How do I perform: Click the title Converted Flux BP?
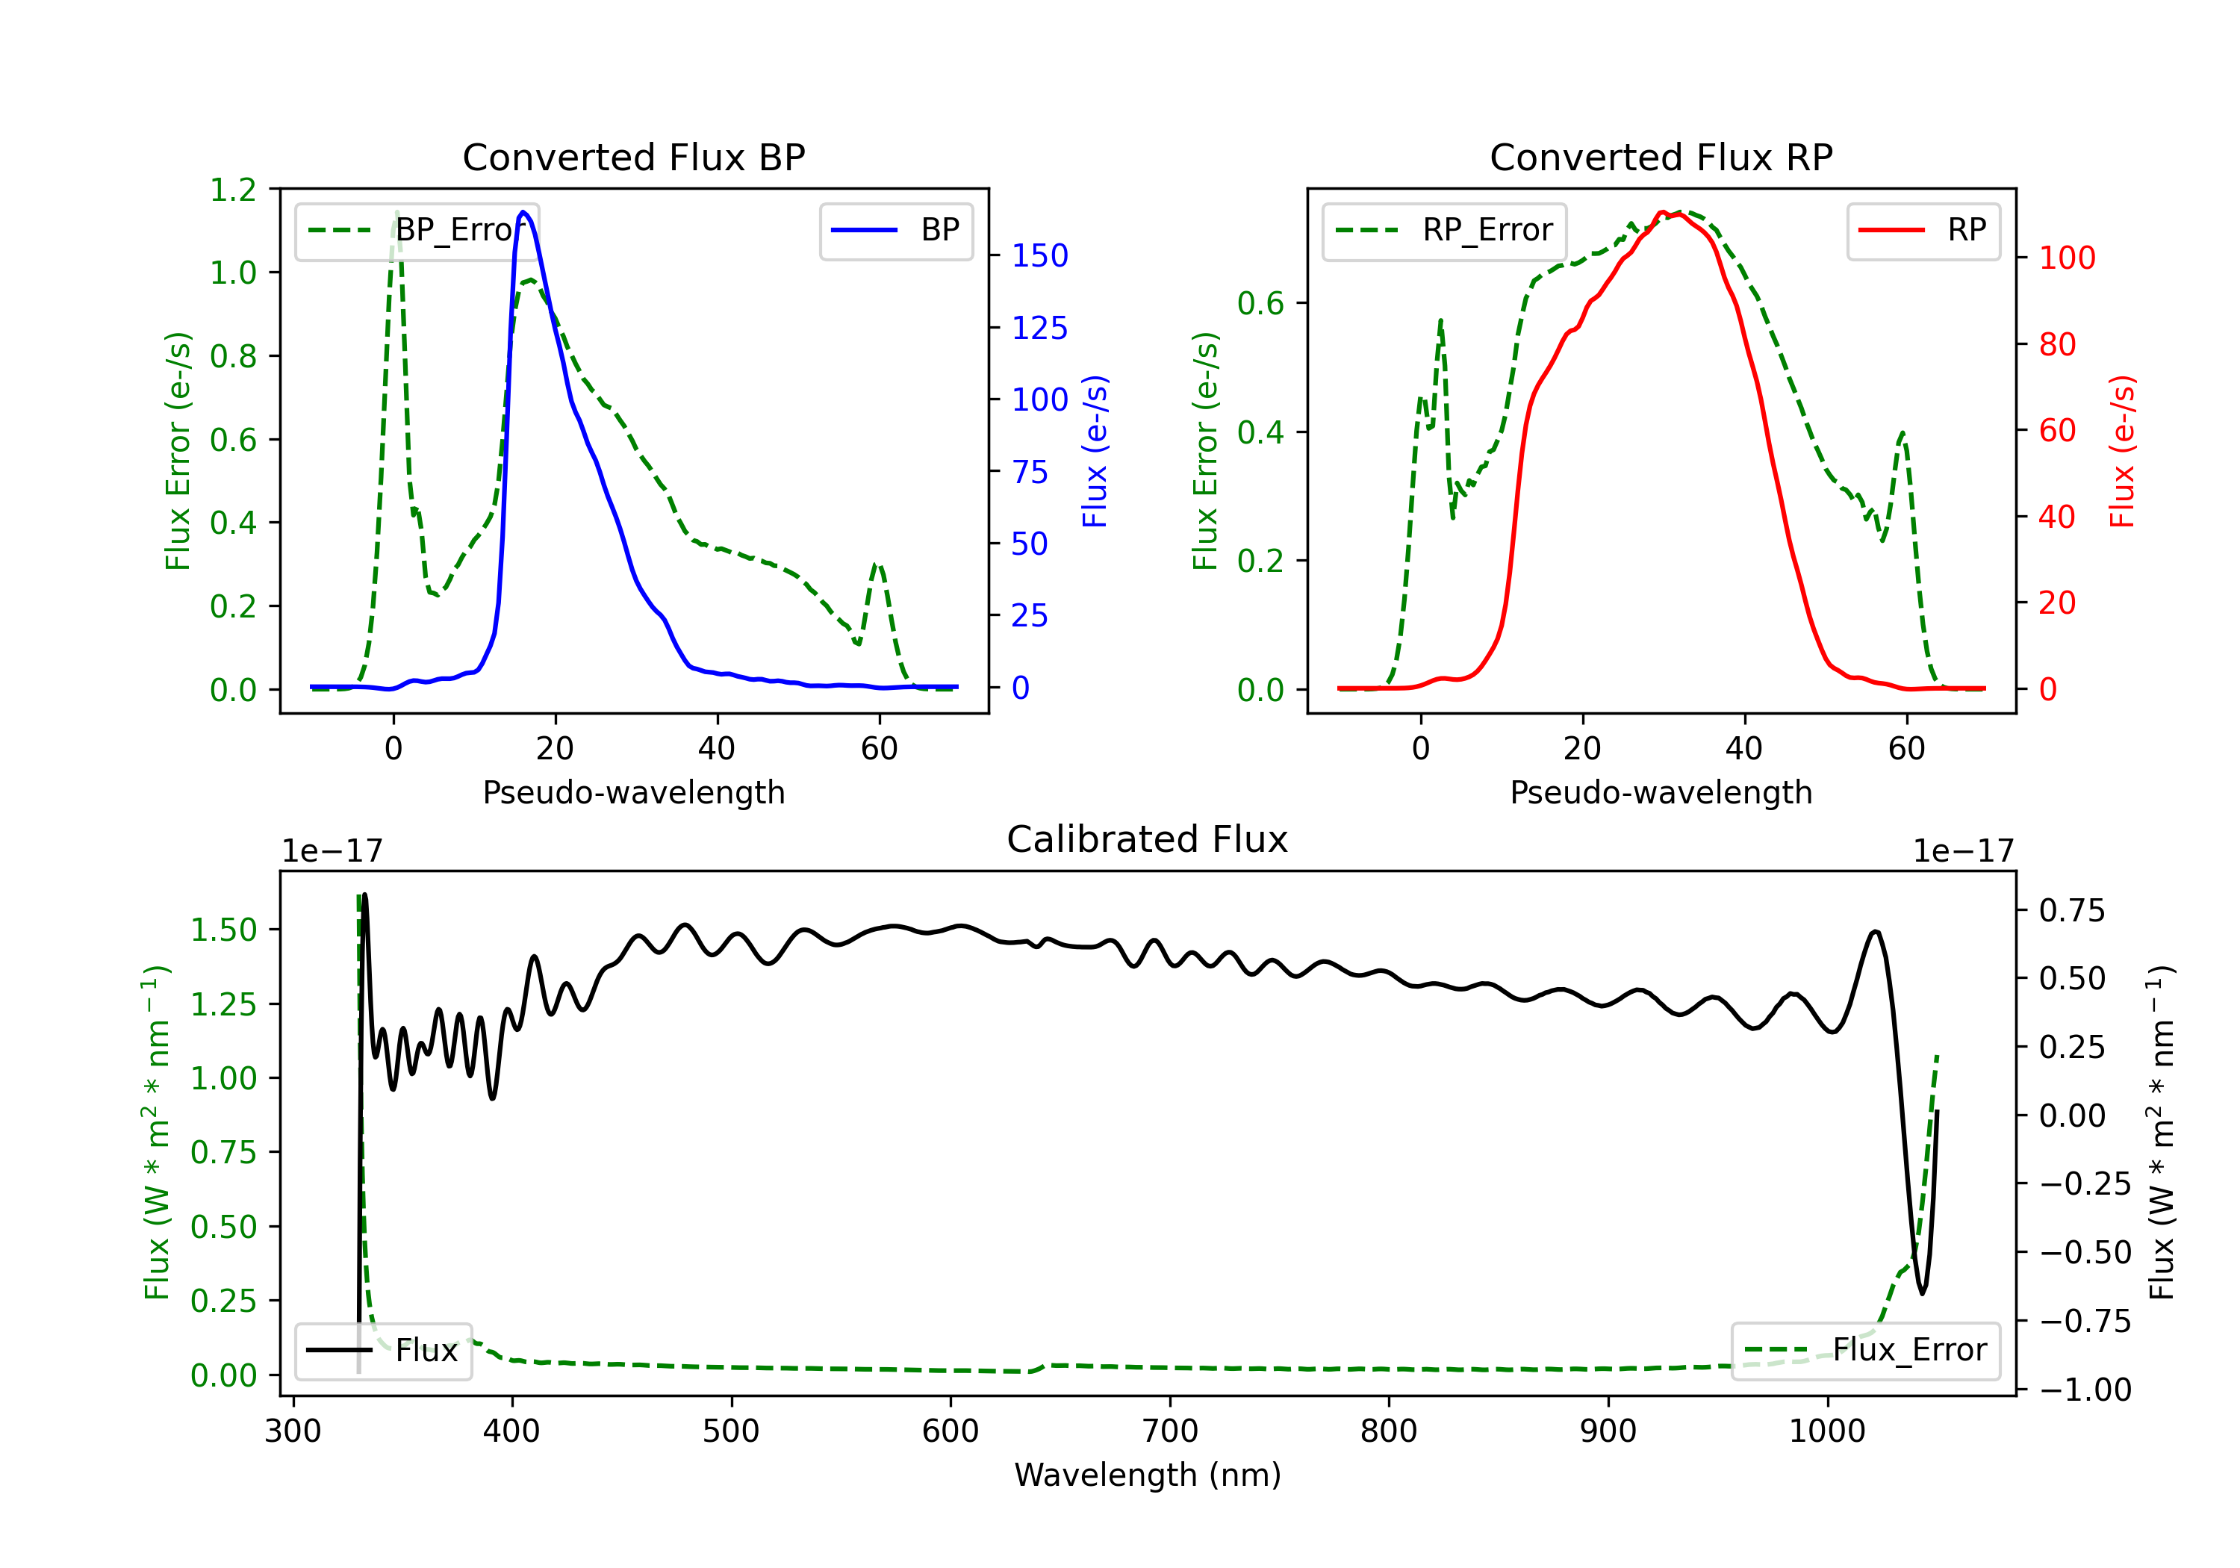634,157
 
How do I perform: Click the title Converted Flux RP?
1661,157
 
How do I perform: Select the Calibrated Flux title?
1148,839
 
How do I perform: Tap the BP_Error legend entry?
417,230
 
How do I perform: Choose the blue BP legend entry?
895,230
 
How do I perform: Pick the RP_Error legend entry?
1445,230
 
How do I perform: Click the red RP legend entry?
1923,230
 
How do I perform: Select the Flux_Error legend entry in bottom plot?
1865,1351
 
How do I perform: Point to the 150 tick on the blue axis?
1040,255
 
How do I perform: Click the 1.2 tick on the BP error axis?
233,190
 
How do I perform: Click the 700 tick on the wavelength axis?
1170,1431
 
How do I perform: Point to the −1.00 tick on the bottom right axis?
2085,1390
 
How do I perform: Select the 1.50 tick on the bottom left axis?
223,930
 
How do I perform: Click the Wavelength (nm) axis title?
1148,1475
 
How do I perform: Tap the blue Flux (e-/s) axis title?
1095,452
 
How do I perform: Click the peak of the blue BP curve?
524,212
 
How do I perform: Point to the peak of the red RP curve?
1661,212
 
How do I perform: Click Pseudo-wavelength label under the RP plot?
1661,792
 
